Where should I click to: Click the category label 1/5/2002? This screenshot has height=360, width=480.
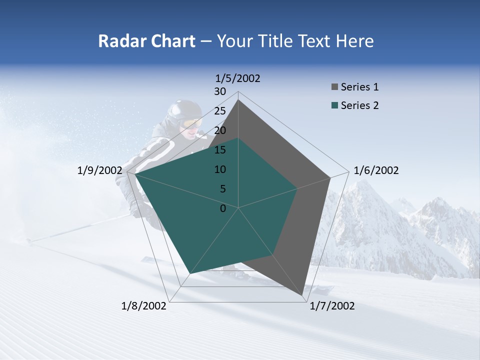pyautogui.click(x=238, y=78)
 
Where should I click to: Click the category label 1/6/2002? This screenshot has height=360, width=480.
pyautogui.click(x=376, y=170)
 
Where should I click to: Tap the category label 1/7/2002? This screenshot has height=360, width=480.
pyautogui.click(x=332, y=306)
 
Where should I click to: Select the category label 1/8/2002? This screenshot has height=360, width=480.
pyautogui.click(x=144, y=306)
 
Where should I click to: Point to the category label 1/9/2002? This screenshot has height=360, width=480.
pyautogui.click(x=100, y=170)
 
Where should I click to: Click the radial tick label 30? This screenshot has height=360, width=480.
pyautogui.click(x=220, y=91)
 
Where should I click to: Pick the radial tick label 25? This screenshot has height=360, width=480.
pyautogui.click(x=220, y=111)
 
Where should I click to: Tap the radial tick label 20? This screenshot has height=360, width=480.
pyautogui.click(x=220, y=130)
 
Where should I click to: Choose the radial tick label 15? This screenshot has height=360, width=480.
pyautogui.click(x=220, y=150)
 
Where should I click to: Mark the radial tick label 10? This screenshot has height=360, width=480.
pyautogui.click(x=220, y=169)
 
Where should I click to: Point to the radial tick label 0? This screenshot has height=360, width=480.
pyautogui.click(x=223, y=208)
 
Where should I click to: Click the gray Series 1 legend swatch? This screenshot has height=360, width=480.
pyautogui.click(x=334, y=87)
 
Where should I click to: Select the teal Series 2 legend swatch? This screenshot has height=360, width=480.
pyautogui.click(x=334, y=105)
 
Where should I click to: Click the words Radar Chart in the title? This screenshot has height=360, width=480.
pyautogui.click(x=146, y=41)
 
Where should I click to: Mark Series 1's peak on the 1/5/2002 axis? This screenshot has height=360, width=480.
pyautogui.click(x=238, y=100)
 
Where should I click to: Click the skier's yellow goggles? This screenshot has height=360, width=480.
pyautogui.click(x=192, y=122)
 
